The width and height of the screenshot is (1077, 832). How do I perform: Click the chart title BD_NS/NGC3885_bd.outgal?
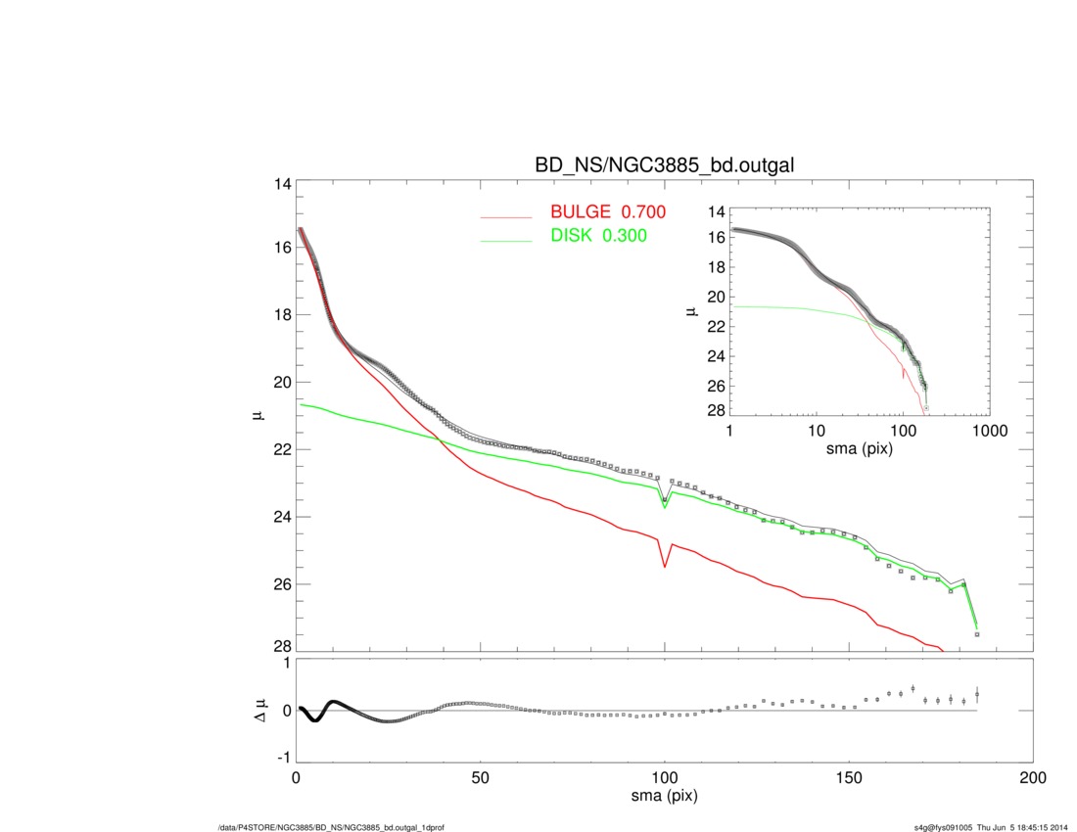click(664, 166)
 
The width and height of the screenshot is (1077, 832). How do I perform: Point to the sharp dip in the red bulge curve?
click(665, 566)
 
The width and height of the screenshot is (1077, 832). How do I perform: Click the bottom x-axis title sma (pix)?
click(664, 797)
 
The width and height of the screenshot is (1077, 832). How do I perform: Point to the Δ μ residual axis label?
click(257, 711)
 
